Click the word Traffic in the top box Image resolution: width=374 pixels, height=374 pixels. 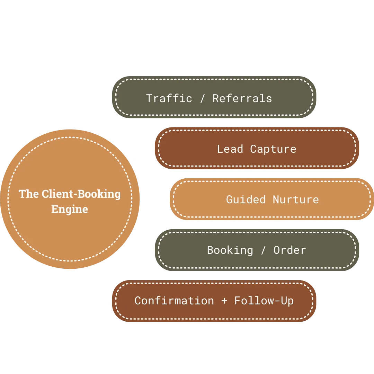[169, 98]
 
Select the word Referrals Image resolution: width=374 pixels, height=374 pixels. [242, 98]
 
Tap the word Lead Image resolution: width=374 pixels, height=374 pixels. [230, 149]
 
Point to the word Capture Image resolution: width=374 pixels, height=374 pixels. [273, 149]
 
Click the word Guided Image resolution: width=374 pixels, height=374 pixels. [246, 199]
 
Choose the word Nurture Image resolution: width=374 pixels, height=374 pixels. [296, 199]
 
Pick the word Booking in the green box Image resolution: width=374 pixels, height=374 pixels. [230, 250]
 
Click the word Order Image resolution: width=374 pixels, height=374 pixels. [290, 250]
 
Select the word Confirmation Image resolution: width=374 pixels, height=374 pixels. [174, 301]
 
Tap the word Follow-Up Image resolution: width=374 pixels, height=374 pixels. [264, 301]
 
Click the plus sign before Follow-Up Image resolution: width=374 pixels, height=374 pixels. [224, 301]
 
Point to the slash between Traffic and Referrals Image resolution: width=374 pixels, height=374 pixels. [203, 98]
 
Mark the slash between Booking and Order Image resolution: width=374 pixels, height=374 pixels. [264, 250]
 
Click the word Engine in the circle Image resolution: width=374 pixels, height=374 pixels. [69, 210]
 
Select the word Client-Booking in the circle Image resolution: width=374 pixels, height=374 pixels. [81, 194]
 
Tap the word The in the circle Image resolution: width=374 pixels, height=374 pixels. [29, 194]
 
